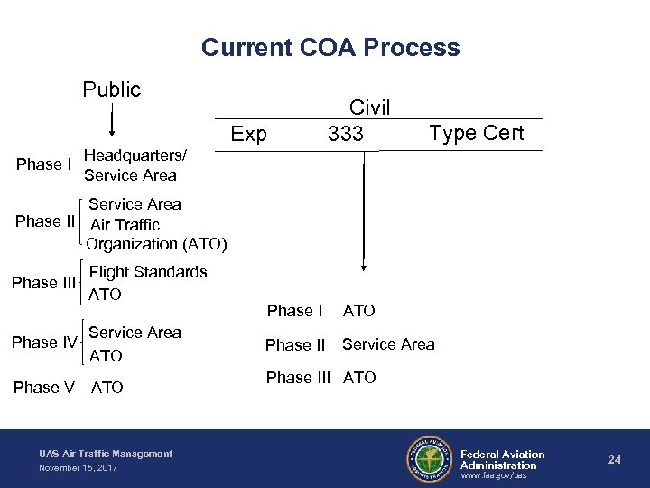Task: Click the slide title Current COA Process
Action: (330, 47)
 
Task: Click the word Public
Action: (112, 89)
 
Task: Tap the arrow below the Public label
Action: (112, 118)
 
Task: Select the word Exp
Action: (248, 135)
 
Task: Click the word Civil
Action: (369, 108)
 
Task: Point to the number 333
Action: (346, 135)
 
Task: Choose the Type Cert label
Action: (477, 133)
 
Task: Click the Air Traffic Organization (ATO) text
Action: (156, 234)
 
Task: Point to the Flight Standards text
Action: (148, 272)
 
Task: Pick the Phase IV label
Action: (44, 342)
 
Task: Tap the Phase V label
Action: (44, 388)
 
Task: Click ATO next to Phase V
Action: (107, 388)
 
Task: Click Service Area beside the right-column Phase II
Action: (388, 344)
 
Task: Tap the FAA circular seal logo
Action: (429, 459)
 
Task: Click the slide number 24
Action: (614, 460)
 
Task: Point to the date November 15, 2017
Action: (78, 467)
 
